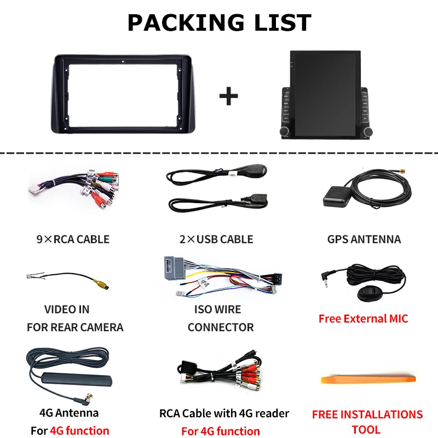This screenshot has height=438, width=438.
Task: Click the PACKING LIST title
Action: [x=219, y=22]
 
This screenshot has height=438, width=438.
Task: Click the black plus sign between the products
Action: [x=228, y=97]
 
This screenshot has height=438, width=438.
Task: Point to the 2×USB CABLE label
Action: [x=217, y=239]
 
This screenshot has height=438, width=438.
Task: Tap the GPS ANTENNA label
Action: [x=364, y=239]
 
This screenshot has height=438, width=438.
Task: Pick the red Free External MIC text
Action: [x=363, y=319]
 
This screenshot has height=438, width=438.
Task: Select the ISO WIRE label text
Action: [x=217, y=309]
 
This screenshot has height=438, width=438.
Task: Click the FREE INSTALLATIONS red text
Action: [x=367, y=414]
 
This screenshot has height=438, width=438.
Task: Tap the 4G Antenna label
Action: [x=69, y=412]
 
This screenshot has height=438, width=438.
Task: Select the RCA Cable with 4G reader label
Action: [x=224, y=413]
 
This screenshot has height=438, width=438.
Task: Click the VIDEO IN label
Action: [x=67, y=309]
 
